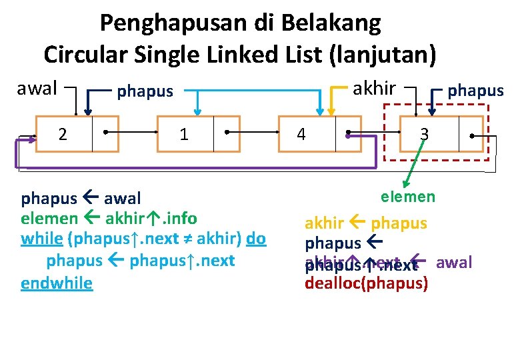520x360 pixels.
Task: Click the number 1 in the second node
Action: coord(184,134)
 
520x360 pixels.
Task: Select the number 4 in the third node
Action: coord(301,135)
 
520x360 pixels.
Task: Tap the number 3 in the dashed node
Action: coord(423,134)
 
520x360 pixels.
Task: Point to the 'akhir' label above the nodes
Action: coord(374,88)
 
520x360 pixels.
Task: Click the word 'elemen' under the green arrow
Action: coord(408,197)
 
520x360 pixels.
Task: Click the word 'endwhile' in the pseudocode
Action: coord(57,283)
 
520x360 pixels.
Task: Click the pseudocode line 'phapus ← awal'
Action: coord(81,199)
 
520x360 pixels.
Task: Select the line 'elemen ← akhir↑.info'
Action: coord(109,218)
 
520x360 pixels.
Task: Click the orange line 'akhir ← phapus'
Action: coord(366,223)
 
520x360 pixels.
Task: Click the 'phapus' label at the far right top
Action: coord(475,91)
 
